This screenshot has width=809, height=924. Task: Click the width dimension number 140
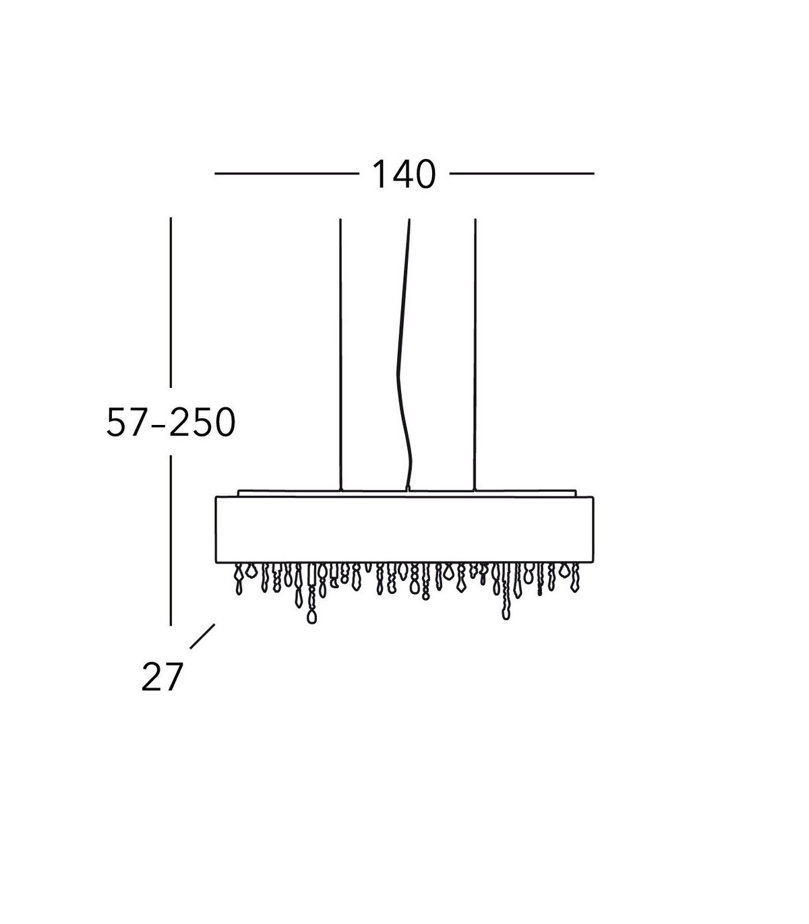click(x=404, y=174)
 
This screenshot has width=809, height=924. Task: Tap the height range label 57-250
click(x=171, y=422)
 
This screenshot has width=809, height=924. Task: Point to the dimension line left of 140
click(x=287, y=174)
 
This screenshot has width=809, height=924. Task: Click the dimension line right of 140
click(x=522, y=174)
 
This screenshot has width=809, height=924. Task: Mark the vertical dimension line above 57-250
click(x=171, y=302)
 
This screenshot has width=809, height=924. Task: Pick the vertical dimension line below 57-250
click(x=171, y=541)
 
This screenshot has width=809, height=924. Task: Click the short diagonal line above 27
click(x=202, y=636)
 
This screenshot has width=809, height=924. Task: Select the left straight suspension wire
click(x=340, y=354)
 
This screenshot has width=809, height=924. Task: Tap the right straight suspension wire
click(x=475, y=354)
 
